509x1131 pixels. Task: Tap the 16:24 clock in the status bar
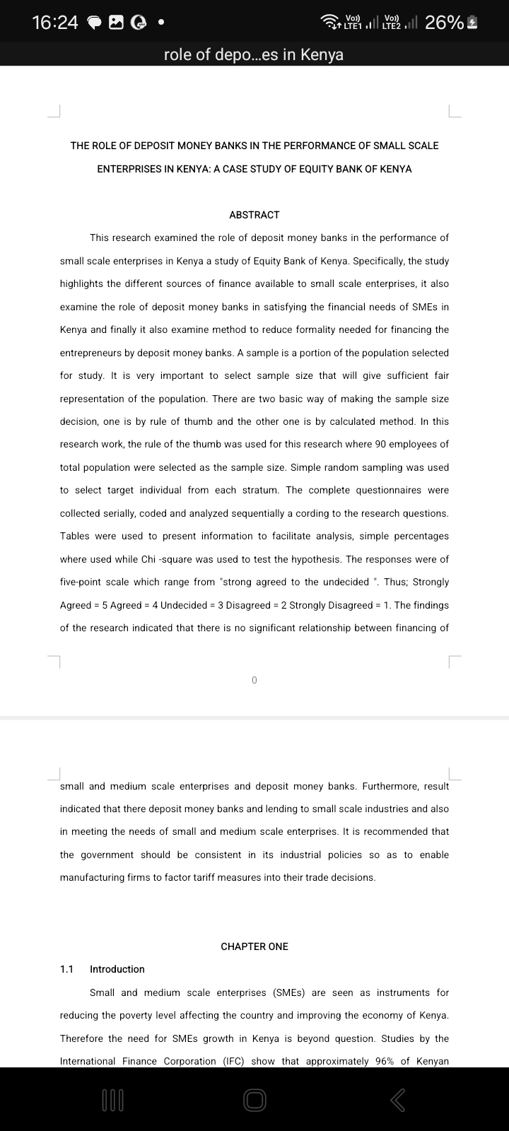tap(55, 23)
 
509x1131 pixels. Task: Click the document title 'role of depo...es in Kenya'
tap(253, 54)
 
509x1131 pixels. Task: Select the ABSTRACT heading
tap(255, 215)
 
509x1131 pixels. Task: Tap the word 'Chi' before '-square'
tap(148, 559)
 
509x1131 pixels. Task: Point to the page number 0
tap(255, 680)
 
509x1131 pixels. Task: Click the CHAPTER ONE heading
tap(255, 947)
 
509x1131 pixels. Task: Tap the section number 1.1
tap(67, 969)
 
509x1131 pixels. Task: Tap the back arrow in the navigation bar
tap(398, 1099)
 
